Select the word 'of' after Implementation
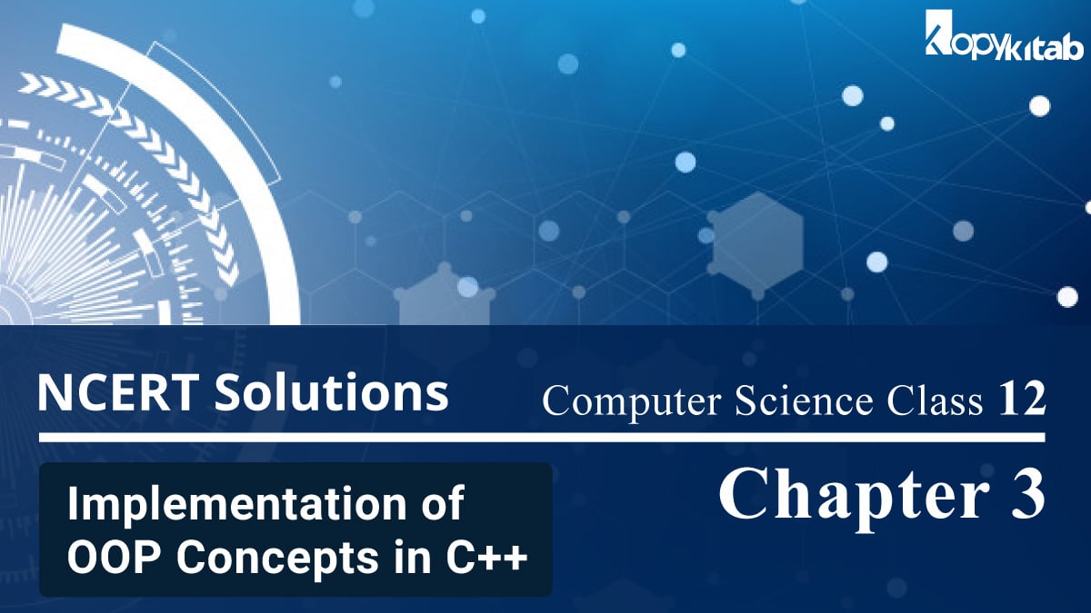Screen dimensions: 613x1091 pyautogui.click(x=443, y=504)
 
